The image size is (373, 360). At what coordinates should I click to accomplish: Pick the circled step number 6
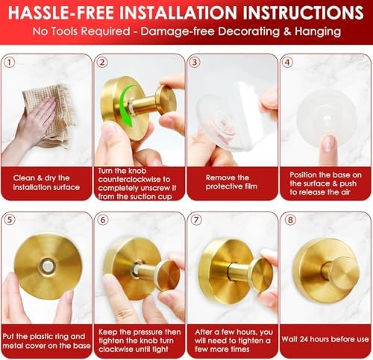tap(104, 221)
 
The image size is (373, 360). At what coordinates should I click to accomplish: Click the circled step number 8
tap(287, 221)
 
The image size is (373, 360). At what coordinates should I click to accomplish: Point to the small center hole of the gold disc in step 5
tap(46, 266)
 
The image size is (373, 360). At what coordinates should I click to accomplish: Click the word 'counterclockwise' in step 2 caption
tap(134, 180)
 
